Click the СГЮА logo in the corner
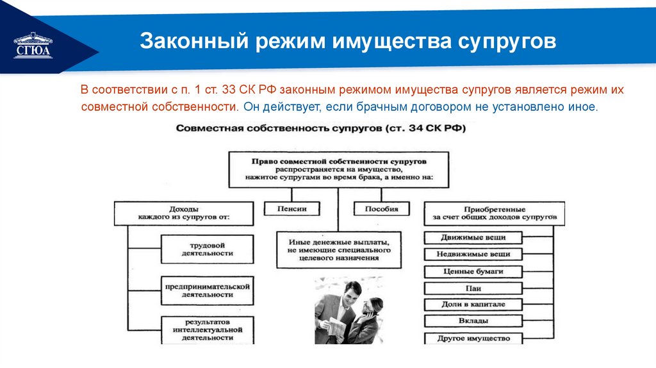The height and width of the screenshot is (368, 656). (x=33, y=46)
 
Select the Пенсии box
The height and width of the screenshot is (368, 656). (x=292, y=209)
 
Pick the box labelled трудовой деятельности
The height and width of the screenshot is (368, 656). (x=206, y=249)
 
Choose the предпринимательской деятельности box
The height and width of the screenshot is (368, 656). (x=206, y=290)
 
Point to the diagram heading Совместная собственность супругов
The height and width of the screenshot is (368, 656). (x=320, y=128)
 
